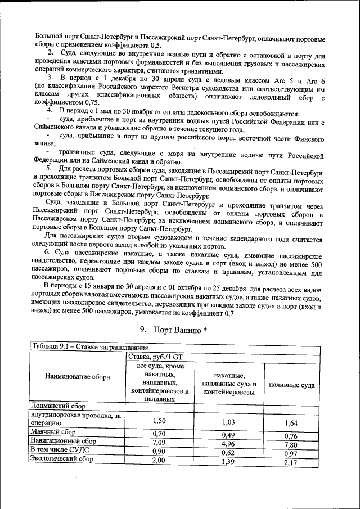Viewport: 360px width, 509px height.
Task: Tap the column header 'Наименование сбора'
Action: coord(78,377)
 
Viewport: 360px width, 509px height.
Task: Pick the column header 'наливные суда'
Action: coord(291,385)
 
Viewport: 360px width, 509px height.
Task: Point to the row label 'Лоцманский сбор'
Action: coord(58,404)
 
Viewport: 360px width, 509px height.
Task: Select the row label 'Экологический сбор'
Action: coord(62,459)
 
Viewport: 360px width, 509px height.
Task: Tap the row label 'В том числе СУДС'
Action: coord(60,450)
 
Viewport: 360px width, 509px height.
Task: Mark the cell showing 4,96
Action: coord(228,442)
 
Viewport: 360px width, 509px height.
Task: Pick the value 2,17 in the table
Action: coord(291,463)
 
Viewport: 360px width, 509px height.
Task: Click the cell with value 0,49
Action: coord(228,434)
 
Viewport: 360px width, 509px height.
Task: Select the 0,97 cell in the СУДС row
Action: coord(291,453)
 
